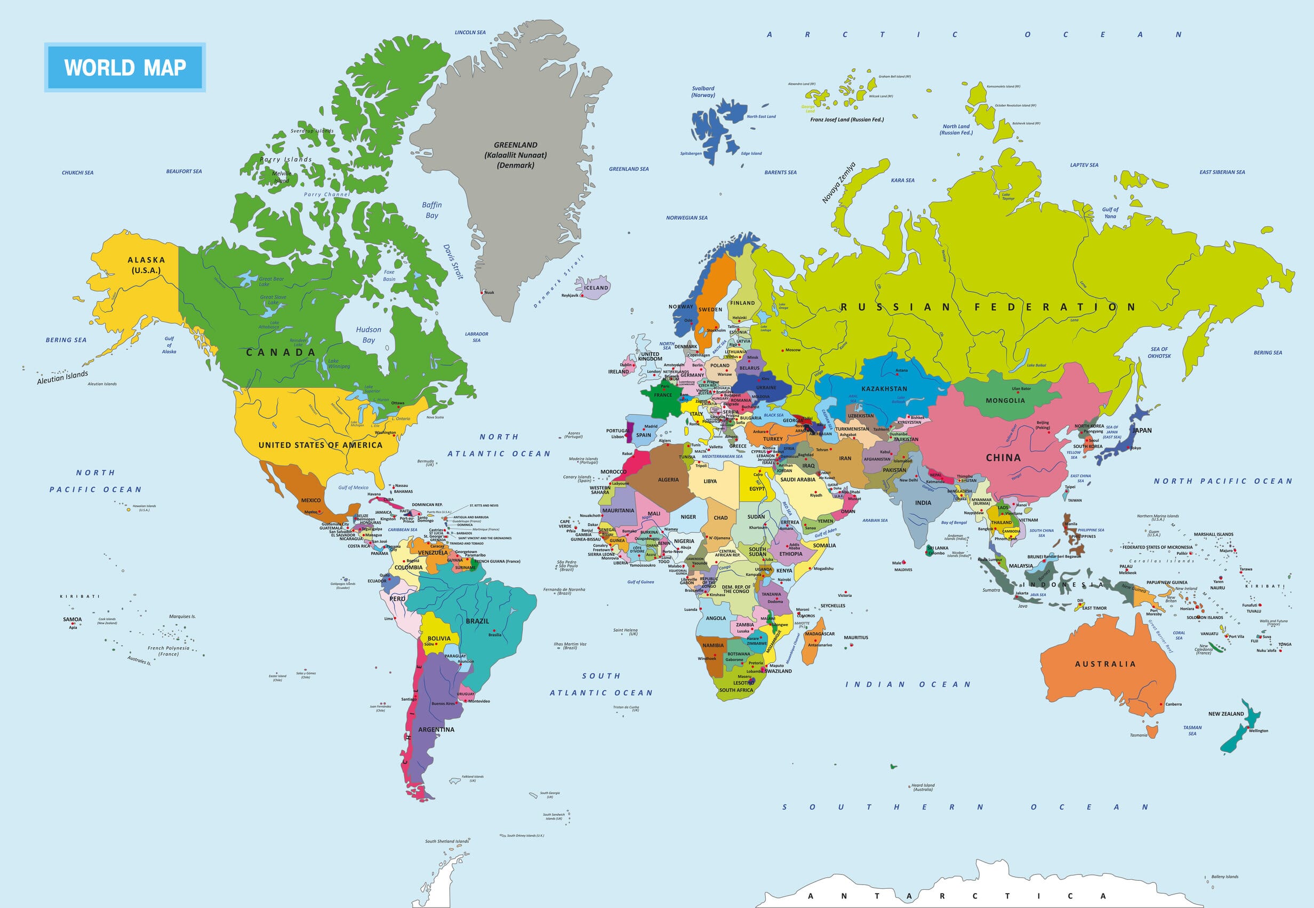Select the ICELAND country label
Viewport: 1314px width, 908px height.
point(596,288)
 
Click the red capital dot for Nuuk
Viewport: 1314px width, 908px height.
point(482,292)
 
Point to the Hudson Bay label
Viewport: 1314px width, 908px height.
point(368,334)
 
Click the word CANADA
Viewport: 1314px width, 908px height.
point(281,353)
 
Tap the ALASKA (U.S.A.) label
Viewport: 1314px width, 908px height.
point(146,265)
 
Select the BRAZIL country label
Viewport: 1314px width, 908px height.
point(477,620)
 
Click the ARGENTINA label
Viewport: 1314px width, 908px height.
point(436,729)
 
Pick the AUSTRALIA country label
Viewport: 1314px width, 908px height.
point(1105,664)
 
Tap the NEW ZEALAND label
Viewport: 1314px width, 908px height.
point(1226,713)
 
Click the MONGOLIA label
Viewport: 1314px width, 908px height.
point(1005,401)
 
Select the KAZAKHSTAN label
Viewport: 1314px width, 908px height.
point(884,388)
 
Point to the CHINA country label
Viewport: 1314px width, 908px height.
point(1003,457)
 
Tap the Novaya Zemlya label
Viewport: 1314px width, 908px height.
point(838,182)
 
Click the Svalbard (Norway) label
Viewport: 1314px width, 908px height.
point(703,92)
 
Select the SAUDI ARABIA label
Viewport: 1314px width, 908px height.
point(797,480)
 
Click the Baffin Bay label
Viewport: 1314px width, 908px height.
point(431,210)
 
